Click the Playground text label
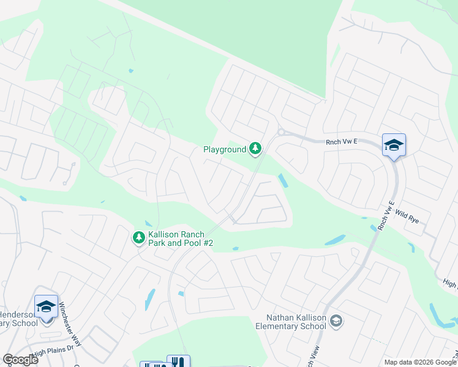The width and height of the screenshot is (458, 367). point(225,149)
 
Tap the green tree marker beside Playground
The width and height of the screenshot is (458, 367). point(255,149)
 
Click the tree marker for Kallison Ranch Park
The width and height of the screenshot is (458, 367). point(139,237)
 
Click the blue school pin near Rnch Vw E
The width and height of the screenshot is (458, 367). point(394,145)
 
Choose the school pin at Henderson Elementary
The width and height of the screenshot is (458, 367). point(46,306)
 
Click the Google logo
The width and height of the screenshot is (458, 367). point(20,359)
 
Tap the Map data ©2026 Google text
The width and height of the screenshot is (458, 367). point(419,361)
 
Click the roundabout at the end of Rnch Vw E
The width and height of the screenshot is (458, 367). point(282,132)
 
